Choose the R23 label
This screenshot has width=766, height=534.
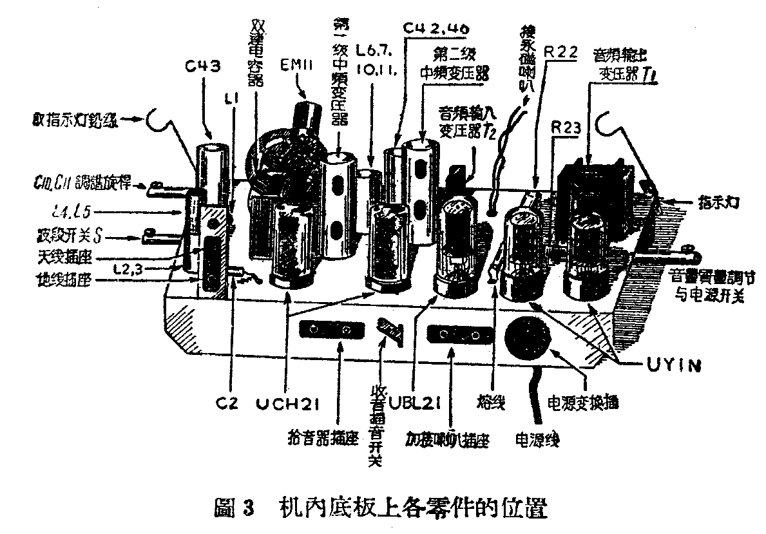point(568,129)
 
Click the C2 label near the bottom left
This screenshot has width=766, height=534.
point(227,403)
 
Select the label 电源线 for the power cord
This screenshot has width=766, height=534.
point(536,440)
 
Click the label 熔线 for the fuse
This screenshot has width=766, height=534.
point(491,405)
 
